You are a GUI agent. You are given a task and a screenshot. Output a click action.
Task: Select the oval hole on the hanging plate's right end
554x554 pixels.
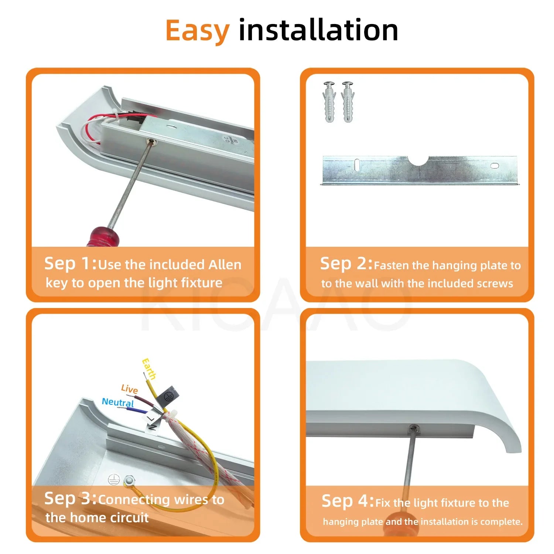pos(495,166)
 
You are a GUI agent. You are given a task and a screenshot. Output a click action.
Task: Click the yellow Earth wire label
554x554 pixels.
pos(149,369)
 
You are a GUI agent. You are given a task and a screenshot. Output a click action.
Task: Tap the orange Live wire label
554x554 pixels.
pos(129,389)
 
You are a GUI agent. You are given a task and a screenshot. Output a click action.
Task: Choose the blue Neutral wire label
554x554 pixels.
pos(118,402)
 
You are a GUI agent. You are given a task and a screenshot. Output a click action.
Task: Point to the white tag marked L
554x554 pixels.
pos(150,418)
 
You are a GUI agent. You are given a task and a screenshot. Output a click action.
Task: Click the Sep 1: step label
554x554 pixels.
pos(71,264)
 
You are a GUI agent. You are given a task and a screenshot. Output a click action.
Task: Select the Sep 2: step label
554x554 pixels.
pos(346,264)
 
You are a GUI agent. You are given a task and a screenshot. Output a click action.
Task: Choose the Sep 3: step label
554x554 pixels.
pos(71,499)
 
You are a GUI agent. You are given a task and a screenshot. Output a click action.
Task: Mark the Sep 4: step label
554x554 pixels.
pos(348,501)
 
